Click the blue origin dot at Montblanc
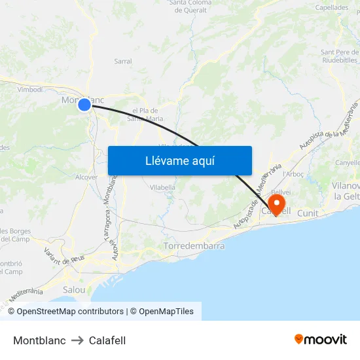(x=84, y=104)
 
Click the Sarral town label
(x=122, y=62)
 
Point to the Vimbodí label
(x=29, y=90)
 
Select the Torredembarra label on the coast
(x=194, y=246)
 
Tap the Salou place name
(x=74, y=289)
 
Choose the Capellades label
(x=332, y=8)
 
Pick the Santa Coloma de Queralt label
(x=190, y=7)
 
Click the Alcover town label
(x=86, y=177)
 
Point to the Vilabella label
(x=162, y=187)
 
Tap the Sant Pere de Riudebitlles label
(x=339, y=56)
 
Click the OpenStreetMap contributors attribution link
(x=70, y=312)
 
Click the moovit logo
(x=320, y=340)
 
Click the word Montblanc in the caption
(x=39, y=340)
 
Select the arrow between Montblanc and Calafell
(x=77, y=340)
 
